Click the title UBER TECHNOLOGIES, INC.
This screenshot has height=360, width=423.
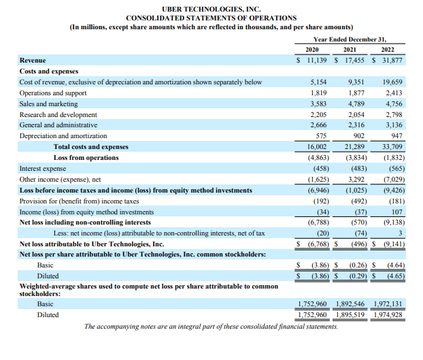(211, 7)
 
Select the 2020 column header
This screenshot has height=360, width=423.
(312, 50)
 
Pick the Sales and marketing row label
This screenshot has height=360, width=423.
(48, 103)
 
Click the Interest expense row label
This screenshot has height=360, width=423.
(43, 168)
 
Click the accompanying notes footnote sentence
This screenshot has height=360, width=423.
(211, 327)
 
